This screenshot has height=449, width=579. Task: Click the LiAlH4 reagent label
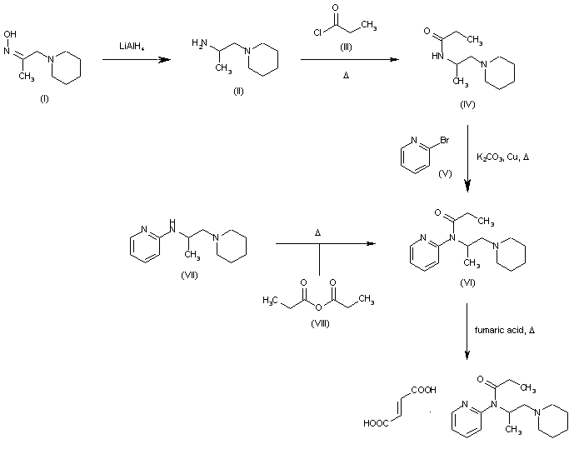point(132,47)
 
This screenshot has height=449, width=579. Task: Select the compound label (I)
point(44,98)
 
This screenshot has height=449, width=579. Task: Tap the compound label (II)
point(238,91)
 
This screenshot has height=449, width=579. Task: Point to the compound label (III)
point(346,47)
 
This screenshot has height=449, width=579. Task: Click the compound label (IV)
point(467,104)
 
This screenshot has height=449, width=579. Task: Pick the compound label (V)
point(445,173)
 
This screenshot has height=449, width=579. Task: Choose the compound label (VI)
point(467,282)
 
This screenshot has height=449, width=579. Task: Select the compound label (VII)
point(189,275)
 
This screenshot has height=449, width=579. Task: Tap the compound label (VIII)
point(320,323)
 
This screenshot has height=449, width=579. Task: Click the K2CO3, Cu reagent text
point(497,157)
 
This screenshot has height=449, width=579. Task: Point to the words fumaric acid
point(499,330)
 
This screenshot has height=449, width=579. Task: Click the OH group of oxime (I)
point(10,34)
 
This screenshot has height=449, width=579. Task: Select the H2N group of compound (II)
point(199,43)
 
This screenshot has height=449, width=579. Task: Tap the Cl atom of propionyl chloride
point(317,32)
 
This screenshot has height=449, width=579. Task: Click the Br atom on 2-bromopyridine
point(444,140)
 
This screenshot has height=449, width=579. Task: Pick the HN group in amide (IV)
point(437,56)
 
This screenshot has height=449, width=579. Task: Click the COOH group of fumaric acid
point(423,390)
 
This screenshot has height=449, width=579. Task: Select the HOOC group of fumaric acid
point(376,423)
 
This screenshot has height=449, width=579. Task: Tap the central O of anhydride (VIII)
point(318,307)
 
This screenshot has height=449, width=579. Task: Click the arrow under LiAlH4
point(137,59)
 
